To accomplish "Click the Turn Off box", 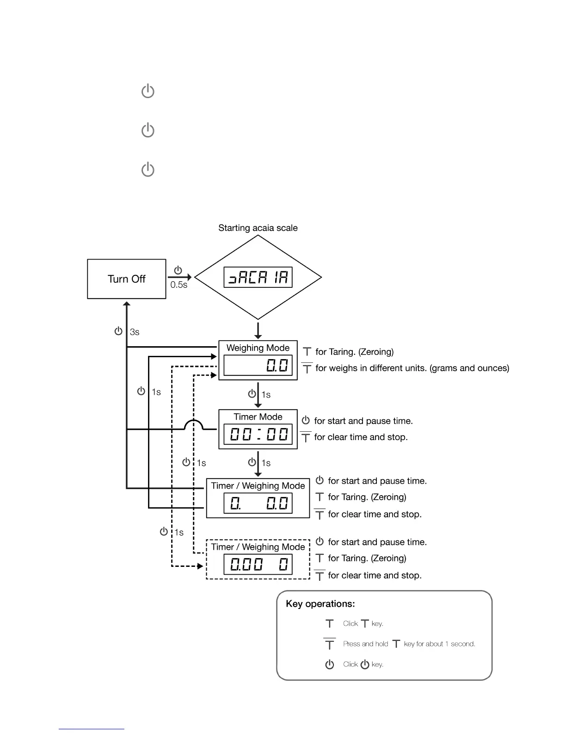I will (126, 279).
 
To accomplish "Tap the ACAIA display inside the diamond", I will (258, 277).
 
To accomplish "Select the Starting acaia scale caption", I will (258, 228).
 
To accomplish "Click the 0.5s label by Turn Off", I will (179, 285).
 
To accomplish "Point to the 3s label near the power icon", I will (135, 332).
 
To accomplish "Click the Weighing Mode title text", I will (258, 348).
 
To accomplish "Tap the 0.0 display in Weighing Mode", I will (258, 366).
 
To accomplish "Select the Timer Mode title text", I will (258, 417).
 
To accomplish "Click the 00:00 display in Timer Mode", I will (258, 435).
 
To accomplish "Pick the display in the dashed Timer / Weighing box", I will (258, 565).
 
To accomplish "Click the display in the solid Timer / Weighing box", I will (258, 503).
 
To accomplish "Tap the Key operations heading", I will (320, 604).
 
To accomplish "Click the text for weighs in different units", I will (412, 368).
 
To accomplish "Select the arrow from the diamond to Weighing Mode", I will (258, 330).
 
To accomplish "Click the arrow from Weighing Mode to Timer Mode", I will (258, 395).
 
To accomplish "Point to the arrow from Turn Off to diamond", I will (180, 277).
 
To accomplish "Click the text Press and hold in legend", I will (365, 644).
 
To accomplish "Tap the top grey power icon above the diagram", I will (148, 91).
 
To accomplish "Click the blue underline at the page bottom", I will (92, 729).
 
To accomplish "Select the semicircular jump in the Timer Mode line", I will (194, 425).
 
